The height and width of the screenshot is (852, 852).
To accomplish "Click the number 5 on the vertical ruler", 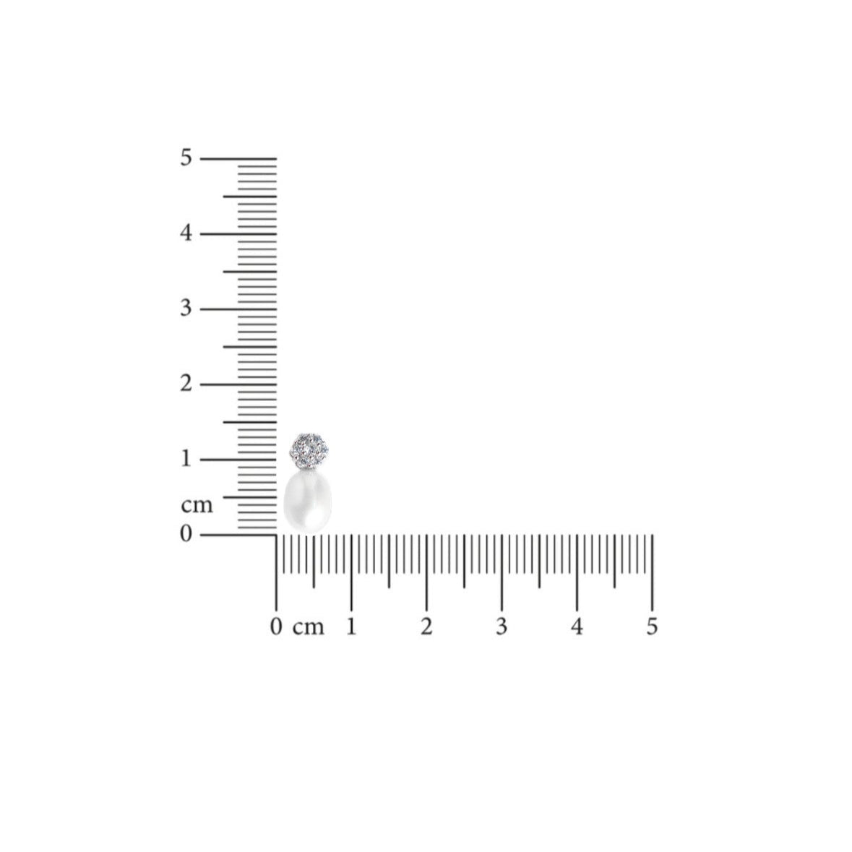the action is click(x=186, y=158).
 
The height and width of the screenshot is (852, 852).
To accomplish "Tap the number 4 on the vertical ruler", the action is click(x=186, y=233).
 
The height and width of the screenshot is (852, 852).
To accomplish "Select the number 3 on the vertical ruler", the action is click(x=186, y=309).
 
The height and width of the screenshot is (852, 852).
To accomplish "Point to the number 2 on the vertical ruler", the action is click(x=186, y=384).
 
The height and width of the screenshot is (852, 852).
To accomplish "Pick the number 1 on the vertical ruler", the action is click(x=186, y=459).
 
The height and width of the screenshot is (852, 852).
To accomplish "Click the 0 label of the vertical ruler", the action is click(x=186, y=534).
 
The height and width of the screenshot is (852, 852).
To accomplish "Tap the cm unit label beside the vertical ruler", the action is click(x=197, y=506).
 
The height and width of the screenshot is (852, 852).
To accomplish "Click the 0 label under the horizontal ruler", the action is click(x=276, y=627).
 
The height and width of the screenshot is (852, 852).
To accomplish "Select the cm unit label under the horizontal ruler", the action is click(x=308, y=628).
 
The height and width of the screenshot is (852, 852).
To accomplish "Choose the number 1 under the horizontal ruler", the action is click(x=351, y=627).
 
